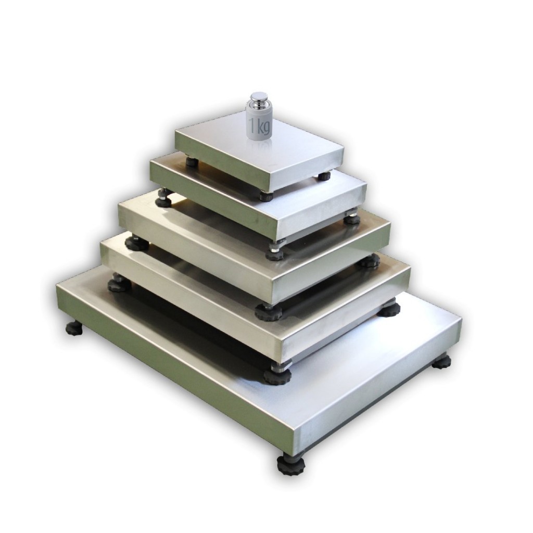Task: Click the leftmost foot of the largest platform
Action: [74, 328]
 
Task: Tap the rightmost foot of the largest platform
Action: [442, 362]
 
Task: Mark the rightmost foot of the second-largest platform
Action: [390, 307]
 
